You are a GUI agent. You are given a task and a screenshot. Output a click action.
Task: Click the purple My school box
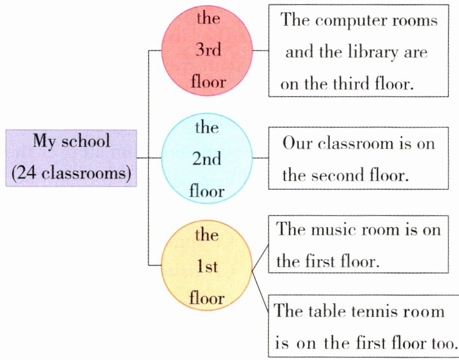[71, 158]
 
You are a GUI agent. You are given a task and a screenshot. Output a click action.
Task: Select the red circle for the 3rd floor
[207, 51]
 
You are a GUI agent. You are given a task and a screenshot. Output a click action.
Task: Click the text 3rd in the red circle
[207, 51]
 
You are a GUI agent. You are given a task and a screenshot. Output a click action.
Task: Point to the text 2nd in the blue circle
[207, 159]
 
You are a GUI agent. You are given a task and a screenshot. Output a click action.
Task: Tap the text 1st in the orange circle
[207, 266]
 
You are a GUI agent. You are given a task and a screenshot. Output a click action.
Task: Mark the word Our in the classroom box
[296, 143]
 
